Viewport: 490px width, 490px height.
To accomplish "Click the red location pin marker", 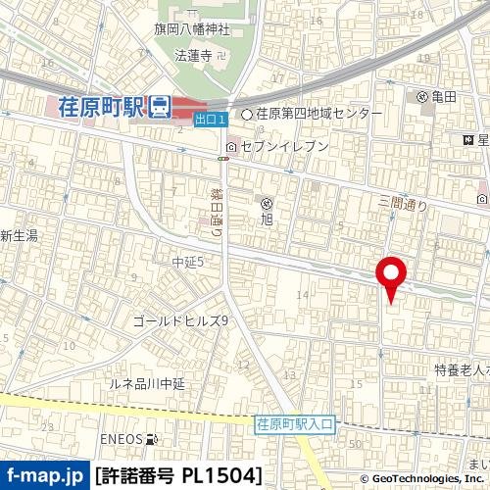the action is pyautogui.click(x=393, y=276).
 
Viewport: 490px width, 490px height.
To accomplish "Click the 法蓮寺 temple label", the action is pyautogui.click(x=192, y=56).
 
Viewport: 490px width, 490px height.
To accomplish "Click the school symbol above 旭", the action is pyautogui.click(x=266, y=202).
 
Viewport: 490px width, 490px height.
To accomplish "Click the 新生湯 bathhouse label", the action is pyautogui.click(x=19, y=236).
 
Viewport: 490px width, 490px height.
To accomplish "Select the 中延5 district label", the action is pyautogui.click(x=186, y=262).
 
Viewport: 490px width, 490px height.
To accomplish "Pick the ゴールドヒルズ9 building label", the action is pyautogui.click(x=180, y=320).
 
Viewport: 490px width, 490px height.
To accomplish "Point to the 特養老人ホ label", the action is pyautogui.click(x=462, y=369).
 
